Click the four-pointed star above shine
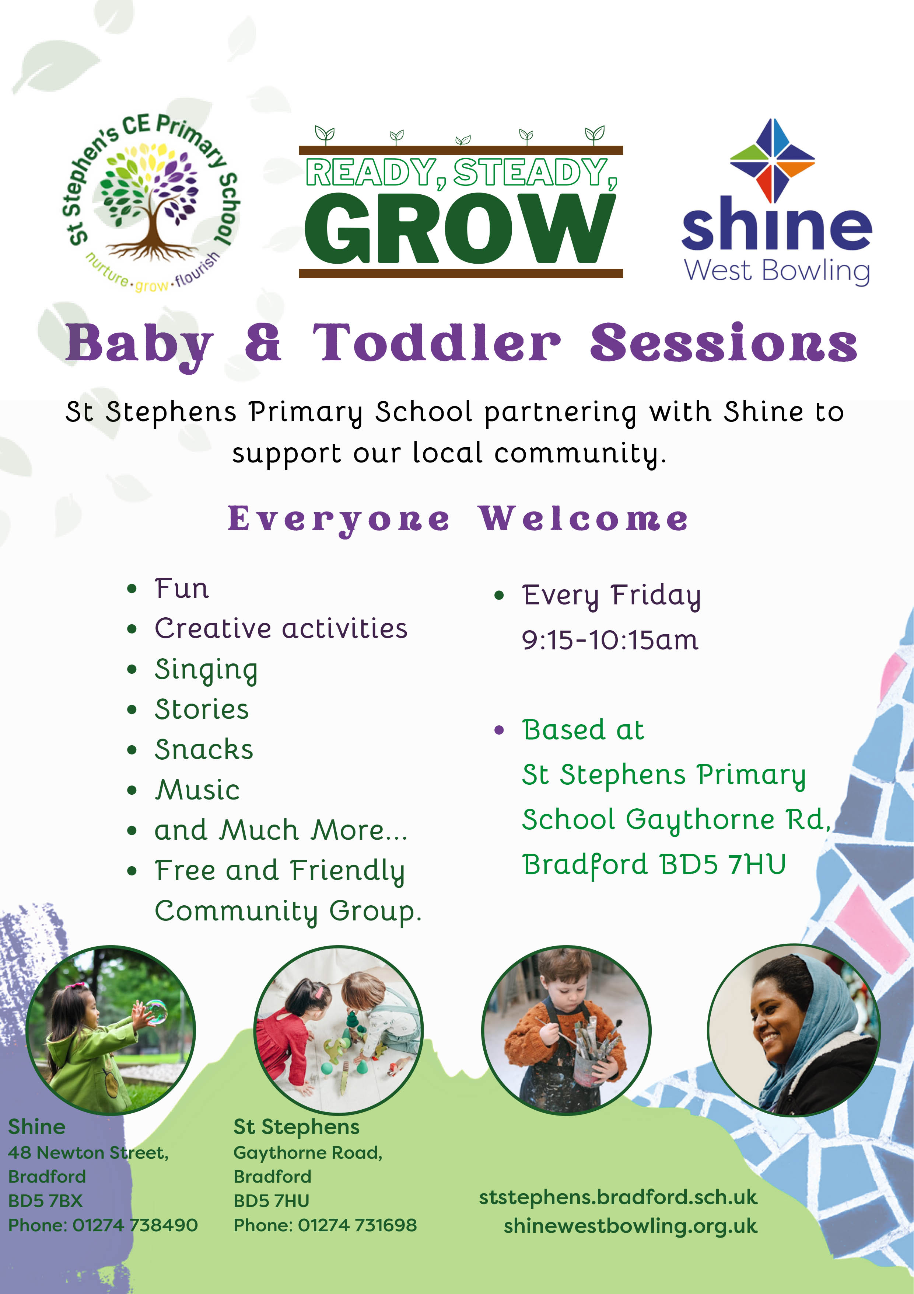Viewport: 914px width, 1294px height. coord(773,161)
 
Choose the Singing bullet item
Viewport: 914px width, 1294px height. coord(206,670)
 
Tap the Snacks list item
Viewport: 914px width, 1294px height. coord(204,750)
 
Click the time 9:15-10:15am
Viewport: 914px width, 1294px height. coord(610,640)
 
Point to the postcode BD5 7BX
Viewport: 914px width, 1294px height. coord(45,1201)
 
